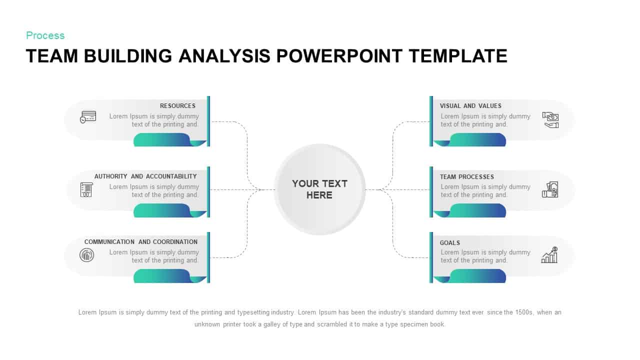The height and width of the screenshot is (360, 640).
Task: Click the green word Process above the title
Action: (x=45, y=35)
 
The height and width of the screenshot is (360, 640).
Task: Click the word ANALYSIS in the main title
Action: (x=224, y=56)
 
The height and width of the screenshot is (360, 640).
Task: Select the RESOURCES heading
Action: (x=177, y=106)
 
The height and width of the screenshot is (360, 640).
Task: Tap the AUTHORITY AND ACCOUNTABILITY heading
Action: (x=145, y=176)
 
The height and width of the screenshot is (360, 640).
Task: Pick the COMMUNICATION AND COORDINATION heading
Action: (x=140, y=242)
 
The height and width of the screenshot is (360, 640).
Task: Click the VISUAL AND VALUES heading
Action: (x=470, y=106)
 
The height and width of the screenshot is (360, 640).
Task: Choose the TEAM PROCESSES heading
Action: (x=466, y=177)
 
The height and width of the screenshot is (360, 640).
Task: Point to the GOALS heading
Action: (x=449, y=243)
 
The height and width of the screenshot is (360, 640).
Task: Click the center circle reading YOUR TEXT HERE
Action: (x=319, y=189)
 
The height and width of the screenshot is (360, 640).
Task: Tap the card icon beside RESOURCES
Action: (x=88, y=117)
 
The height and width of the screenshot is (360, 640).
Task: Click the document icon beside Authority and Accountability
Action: (x=86, y=189)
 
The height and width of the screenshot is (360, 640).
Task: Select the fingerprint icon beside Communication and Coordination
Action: (x=86, y=255)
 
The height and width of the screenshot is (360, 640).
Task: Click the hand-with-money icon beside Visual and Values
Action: (x=550, y=120)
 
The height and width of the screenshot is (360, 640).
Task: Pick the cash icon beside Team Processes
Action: (x=550, y=189)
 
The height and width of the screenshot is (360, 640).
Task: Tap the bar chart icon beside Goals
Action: (x=549, y=255)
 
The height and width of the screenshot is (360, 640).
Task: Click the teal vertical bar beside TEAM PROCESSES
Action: (x=431, y=192)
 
